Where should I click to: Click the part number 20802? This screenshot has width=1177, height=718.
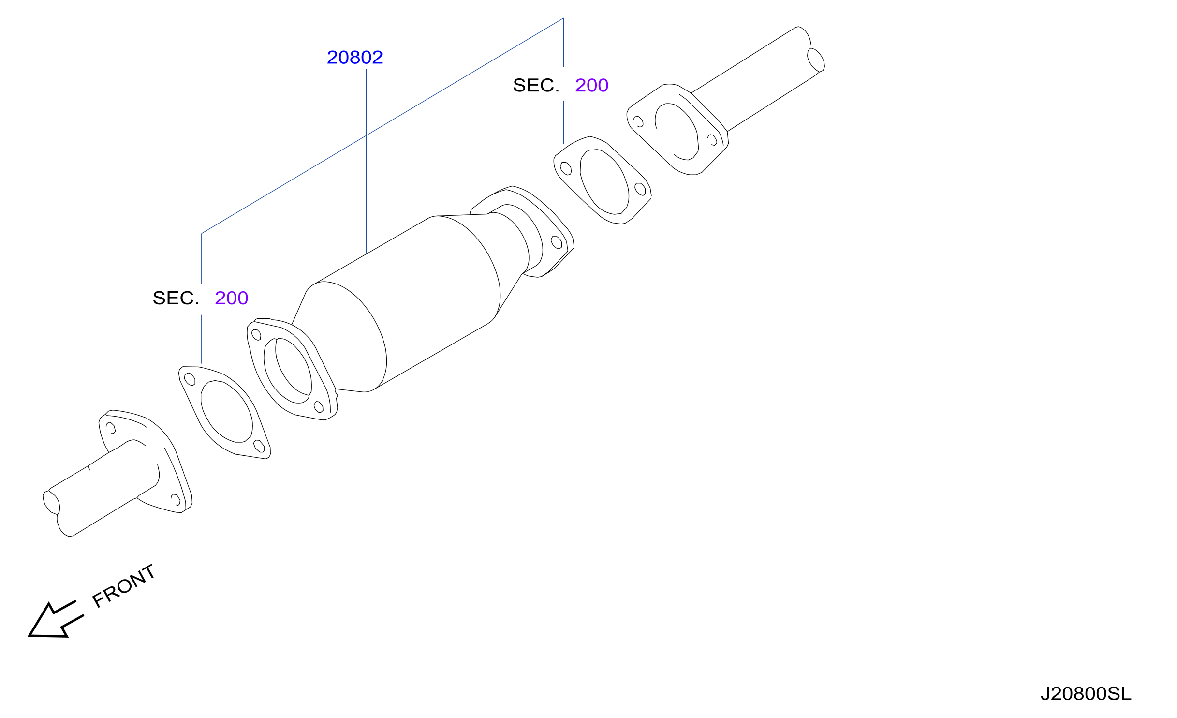[354, 58]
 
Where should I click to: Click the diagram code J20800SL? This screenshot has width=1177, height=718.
[1086, 694]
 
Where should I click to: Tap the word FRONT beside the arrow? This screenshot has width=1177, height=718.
[124, 585]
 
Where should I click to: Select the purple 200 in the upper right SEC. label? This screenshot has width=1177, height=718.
[591, 85]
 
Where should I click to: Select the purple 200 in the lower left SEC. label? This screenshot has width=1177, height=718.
[231, 298]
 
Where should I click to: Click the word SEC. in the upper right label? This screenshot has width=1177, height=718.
[536, 85]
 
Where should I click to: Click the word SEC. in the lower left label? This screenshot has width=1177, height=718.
[176, 298]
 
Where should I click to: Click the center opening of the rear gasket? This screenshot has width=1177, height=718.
[604, 181]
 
